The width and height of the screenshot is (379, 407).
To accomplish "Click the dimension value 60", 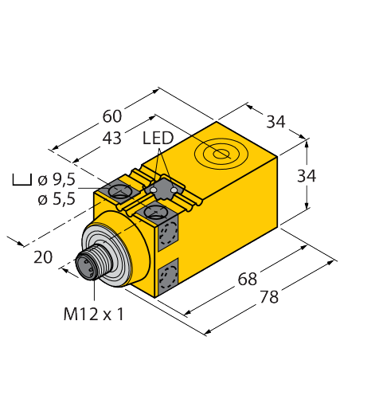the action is (112, 116).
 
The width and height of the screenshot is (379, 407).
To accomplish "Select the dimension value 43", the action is (111, 138).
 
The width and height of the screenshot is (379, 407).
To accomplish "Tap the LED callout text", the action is (158, 138).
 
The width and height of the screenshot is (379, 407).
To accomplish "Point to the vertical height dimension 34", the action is (307, 176).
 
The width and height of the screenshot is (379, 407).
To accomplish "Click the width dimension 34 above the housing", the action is (275, 122).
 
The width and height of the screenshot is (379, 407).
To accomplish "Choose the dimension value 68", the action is (248, 279).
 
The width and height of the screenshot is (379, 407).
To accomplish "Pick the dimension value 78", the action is (269, 297).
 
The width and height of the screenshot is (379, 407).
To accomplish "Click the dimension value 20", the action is (43, 257).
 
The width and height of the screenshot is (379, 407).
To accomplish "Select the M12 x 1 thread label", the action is (94, 315).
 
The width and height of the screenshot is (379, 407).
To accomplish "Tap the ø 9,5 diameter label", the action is (57, 180).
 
